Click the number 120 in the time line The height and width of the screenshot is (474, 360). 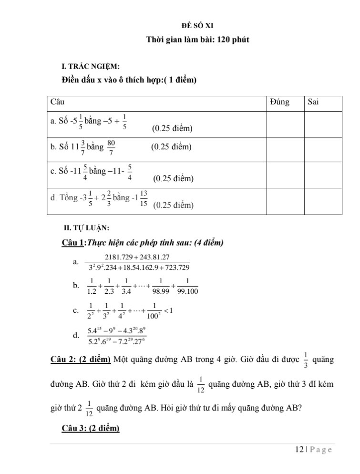223,40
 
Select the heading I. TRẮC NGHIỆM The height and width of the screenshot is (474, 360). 84,66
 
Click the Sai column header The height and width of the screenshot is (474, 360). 313,103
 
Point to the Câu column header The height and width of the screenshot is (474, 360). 57,103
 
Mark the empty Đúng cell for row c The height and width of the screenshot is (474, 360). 285,175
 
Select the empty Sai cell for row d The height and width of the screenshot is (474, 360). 323,201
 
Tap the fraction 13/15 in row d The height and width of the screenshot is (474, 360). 144,198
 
